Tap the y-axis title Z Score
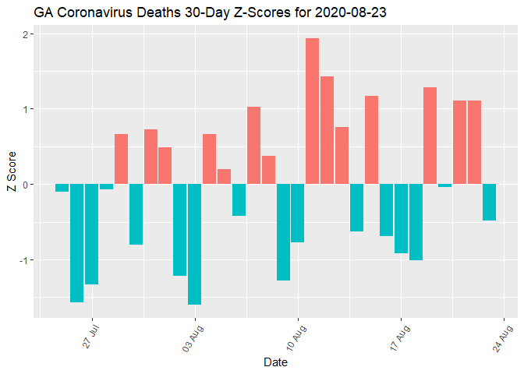tap(11, 175)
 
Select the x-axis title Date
tap(274, 362)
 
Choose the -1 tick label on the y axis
tap(23, 259)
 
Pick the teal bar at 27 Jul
tap(91, 234)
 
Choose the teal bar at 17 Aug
tap(401, 218)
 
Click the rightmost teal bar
tap(489, 202)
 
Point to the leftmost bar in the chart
tap(62, 188)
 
